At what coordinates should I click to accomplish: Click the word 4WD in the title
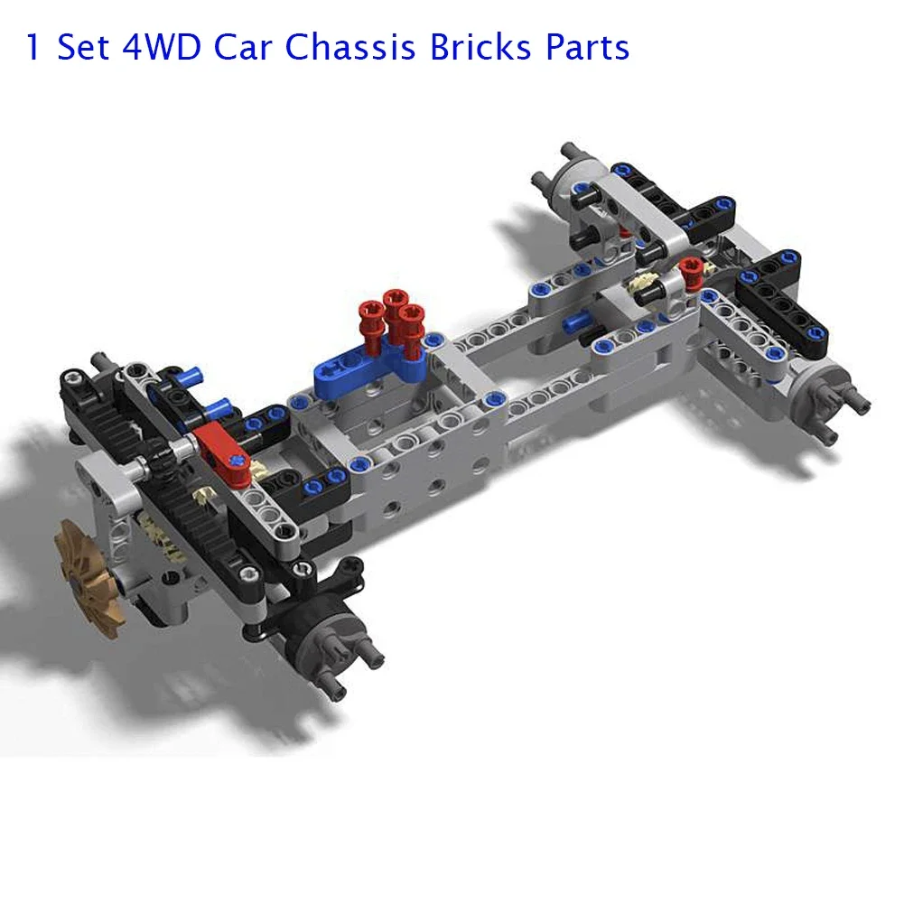point(162,47)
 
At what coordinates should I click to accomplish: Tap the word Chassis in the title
point(350,47)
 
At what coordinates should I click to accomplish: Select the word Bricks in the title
point(480,47)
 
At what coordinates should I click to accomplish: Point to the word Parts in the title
point(588,47)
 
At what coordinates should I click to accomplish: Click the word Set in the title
point(82,47)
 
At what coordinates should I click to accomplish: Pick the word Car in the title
point(243,47)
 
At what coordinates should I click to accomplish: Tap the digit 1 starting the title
point(33,47)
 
